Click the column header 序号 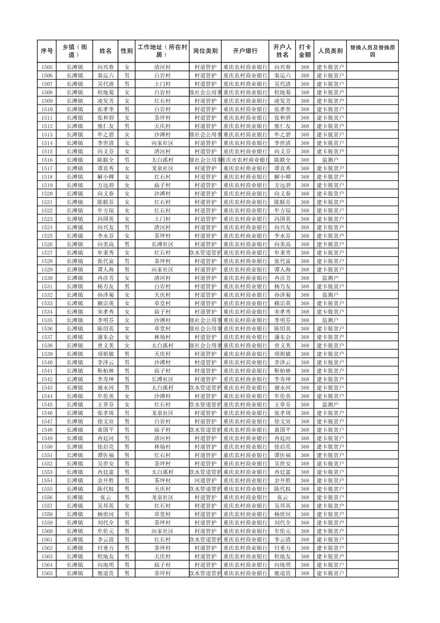(x=47, y=51)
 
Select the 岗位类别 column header (x=205, y=51)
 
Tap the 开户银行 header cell (x=245, y=51)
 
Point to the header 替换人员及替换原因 (x=372, y=51)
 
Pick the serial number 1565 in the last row (x=47, y=573)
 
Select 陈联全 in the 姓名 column (x=106, y=160)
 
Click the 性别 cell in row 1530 (x=127, y=278)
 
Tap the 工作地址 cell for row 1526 (x=162, y=244)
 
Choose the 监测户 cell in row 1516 (x=330, y=160)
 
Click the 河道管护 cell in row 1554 (x=205, y=480)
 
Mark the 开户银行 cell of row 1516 (x=245, y=160)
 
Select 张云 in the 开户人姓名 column (x=282, y=497)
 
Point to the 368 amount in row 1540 (x=304, y=362)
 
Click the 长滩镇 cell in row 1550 (x=75, y=447)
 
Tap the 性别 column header (x=127, y=51)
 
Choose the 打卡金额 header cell (x=304, y=51)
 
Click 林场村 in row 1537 (x=162, y=337)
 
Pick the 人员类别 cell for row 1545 (x=330, y=405)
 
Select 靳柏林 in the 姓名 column (x=106, y=371)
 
